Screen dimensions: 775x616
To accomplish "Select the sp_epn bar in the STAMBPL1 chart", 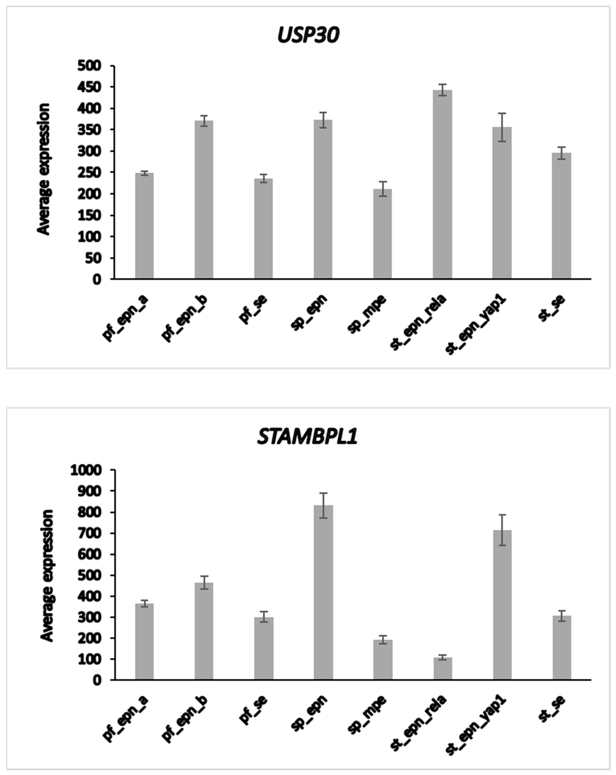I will pos(323,593).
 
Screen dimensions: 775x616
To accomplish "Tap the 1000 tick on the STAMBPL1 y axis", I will pos(86,470).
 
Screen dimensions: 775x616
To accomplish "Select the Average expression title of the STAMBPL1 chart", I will pos(47,575).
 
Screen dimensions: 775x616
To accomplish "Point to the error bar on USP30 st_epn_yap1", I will pos(502,127).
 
